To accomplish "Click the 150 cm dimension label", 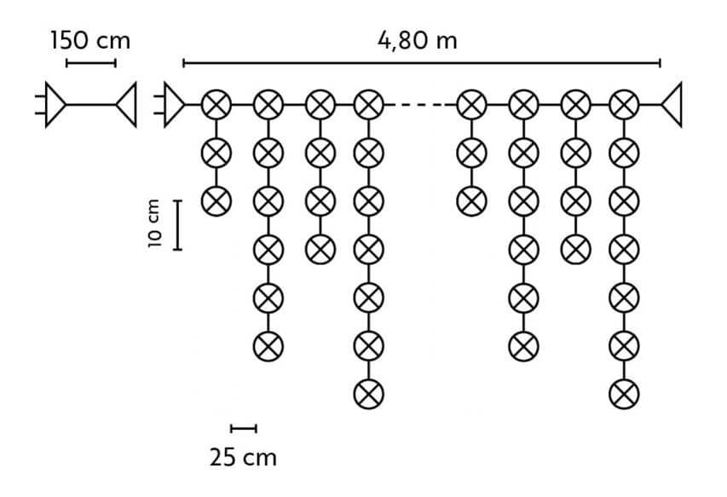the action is tap(90, 40).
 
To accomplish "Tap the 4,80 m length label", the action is tap(418, 40).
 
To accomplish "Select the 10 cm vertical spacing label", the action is tap(154, 224).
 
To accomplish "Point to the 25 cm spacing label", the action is tap(243, 458).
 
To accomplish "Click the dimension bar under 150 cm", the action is tap(91, 63).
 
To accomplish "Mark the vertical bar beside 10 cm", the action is tap(177, 225).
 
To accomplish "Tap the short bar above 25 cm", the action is tap(244, 429).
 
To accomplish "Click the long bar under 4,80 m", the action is tap(422, 63).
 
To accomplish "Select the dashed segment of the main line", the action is tap(420, 105).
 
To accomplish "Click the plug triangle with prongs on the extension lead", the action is tap(51, 104).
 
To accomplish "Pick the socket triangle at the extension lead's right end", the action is tap(126, 104).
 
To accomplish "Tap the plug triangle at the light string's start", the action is tap(170, 104).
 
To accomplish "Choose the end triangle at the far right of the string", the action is tap(672, 104).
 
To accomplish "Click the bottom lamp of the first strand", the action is tap(216, 201).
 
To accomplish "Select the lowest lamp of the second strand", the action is tap(268, 346).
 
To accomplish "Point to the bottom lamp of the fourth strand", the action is tap(368, 395).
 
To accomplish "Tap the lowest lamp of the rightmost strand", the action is tap(624, 395).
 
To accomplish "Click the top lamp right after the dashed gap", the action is tap(471, 105).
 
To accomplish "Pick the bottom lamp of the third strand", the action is tap(320, 250).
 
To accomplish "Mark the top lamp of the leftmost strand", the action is tap(216, 105).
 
